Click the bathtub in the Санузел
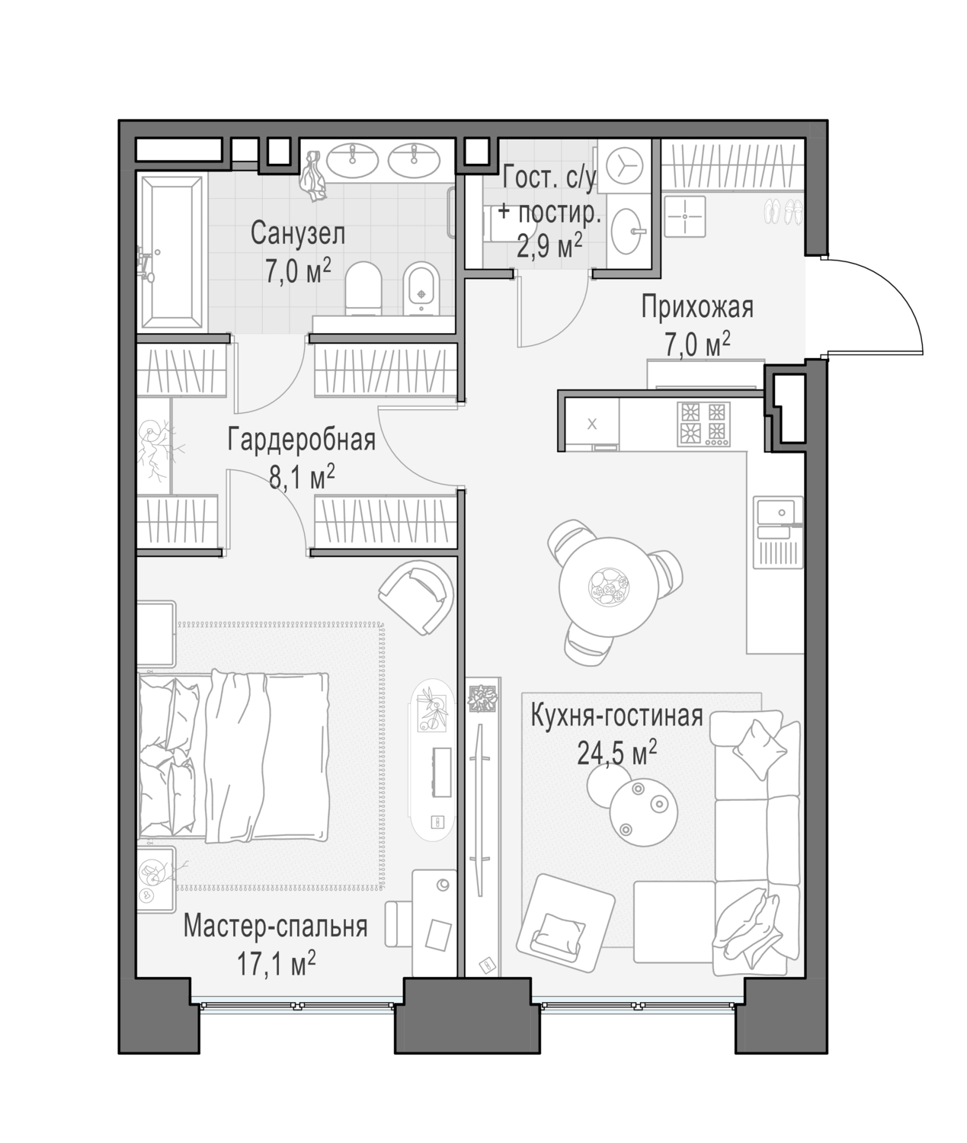(171, 254)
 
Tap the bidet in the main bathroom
(422, 288)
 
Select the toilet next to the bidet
(363, 288)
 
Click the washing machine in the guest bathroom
(624, 165)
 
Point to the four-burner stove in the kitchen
(703, 424)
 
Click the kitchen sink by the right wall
(779, 532)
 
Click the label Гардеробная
(301, 440)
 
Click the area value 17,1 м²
(277, 963)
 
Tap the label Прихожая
(697, 307)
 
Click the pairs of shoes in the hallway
(783, 212)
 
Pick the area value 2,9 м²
(549, 245)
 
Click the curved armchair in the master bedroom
(416, 597)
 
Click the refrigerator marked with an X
(591, 424)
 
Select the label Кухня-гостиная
(617, 716)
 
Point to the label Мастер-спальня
(275, 927)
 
